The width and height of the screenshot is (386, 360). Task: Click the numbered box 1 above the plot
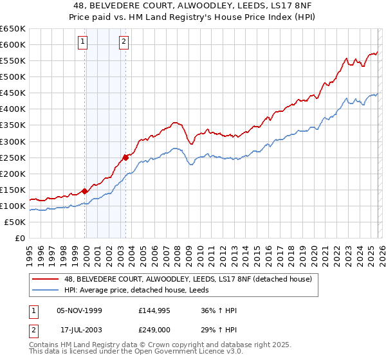coord(83,42)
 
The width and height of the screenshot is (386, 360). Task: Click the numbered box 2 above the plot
coord(124,42)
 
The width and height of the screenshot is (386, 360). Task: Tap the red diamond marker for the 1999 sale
coord(85,191)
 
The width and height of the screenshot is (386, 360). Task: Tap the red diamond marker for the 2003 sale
coord(126,156)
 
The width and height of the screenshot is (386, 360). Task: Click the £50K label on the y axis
coord(16,222)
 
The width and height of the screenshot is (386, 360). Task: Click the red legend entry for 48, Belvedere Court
coord(188,278)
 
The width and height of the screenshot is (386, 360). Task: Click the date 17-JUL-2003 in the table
coord(82,330)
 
